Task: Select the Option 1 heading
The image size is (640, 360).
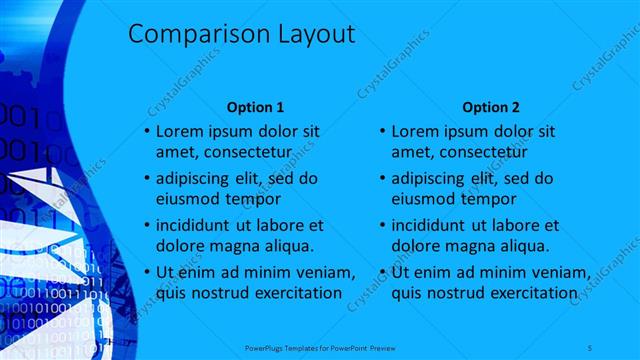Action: point(256,106)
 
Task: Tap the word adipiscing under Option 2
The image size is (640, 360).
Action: point(435,179)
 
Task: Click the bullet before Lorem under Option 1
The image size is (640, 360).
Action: point(146,131)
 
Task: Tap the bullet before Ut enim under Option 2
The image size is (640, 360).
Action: point(383,272)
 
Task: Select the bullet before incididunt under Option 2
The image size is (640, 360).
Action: point(383,225)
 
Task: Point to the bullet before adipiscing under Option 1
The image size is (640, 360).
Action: point(146,179)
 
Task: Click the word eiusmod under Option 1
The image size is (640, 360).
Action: point(186,198)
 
